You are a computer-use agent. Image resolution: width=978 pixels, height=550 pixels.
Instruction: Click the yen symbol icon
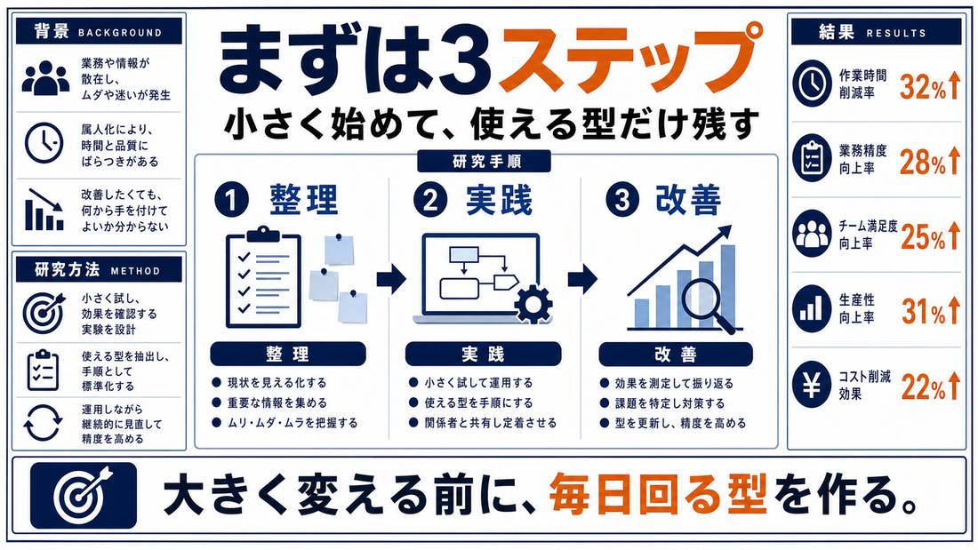click(x=812, y=386)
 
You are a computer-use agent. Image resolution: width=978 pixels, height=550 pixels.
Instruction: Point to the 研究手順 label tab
click(x=484, y=162)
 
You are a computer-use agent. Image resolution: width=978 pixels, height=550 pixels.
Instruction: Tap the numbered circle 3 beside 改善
click(x=621, y=201)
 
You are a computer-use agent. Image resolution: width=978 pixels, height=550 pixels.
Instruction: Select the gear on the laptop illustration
click(x=533, y=304)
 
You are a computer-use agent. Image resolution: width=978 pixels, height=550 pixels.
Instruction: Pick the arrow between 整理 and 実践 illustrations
click(x=391, y=278)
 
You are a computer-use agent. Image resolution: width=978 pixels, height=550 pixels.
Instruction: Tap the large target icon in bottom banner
click(x=83, y=495)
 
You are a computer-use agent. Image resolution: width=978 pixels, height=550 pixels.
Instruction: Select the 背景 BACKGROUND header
click(x=100, y=31)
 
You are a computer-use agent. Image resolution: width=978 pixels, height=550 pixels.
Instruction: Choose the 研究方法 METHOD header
click(x=100, y=270)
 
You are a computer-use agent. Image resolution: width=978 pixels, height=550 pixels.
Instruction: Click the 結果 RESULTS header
click(x=876, y=32)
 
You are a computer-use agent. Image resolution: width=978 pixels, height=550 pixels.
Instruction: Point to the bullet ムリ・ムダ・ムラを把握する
click(x=285, y=423)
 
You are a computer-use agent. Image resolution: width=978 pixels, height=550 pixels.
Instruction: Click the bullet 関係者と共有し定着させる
click(x=483, y=423)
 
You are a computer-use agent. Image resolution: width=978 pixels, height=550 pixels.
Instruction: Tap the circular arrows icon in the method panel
click(x=43, y=424)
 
